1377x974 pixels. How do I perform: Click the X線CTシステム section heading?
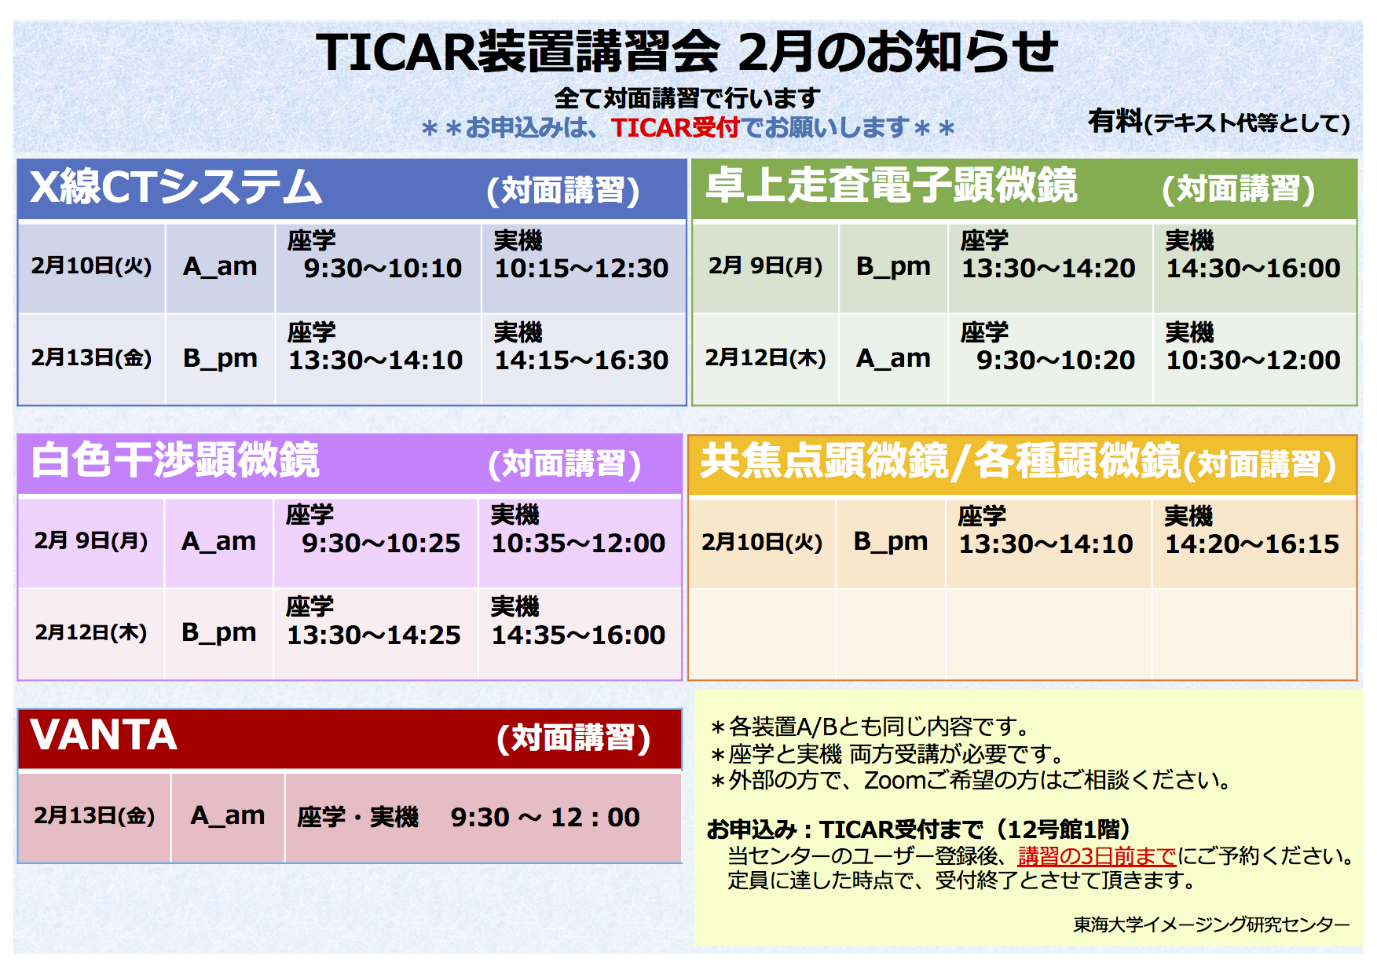(x=176, y=188)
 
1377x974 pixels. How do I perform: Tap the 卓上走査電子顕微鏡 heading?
(x=891, y=186)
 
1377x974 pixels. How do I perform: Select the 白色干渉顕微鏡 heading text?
(x=175, y=460)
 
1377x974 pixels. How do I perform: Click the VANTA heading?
(x=104, y=735)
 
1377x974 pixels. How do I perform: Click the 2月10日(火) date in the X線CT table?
(x=91, y=266)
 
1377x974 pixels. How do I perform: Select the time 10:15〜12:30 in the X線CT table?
(x=581, y=269)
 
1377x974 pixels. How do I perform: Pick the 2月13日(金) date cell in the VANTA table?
(x=94, y=816)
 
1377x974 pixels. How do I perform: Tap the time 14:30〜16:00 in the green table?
(x=1253, y=269)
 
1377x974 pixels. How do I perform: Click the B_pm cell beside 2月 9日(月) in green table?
(x=893, y=266)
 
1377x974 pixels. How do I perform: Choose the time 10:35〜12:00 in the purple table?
(x=578, y=544)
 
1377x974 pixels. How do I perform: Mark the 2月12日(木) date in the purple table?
(x=91, y=633)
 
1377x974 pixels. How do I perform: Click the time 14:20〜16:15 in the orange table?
(x=1251, y=544)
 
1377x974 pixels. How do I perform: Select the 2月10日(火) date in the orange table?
(x=762, y=543)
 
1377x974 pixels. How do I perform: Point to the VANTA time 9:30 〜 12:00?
(x=545, y=818)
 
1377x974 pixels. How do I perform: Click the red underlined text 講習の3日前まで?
(x=1097, y=856)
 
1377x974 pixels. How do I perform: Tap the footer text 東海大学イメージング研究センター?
(x=1211, y=925)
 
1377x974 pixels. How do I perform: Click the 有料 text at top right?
(x=1115, y=121)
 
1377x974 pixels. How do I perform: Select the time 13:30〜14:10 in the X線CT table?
(x=375, y=361)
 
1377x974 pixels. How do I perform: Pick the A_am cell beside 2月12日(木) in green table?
(x=893, y=358)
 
